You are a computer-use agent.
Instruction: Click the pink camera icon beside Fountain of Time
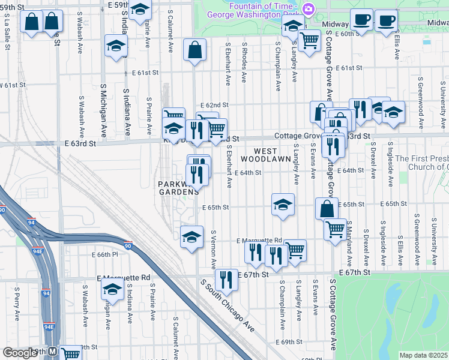tap(309, 8)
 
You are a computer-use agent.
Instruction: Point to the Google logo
tap(20, 353)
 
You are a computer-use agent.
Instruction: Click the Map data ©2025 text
tap(423, 355)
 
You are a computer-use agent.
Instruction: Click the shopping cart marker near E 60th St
tap(309, 41)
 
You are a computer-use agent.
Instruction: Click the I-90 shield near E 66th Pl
tap(128, 245)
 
